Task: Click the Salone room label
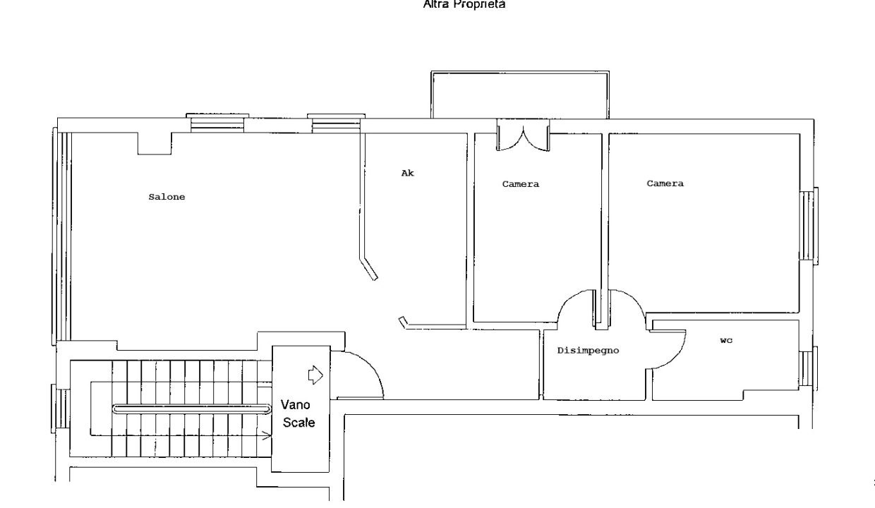tap(167, 197)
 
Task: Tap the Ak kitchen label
tap(407, 173)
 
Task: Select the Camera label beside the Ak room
tap(521, 184)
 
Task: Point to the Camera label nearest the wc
tap(665, 183)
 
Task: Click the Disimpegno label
tap(588, 351)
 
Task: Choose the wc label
tap(726, 341)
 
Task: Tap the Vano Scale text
tap(298, 413)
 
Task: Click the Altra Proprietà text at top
tap(464, 4)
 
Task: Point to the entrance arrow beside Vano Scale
tap(315, 375)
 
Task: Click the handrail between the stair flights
tap(191, 409)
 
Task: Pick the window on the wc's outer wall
tap(808, 368)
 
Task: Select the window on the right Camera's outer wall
tap(809, 226)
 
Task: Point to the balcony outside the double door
tap(520, 95)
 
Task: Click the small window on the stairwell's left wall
tap(60, 409)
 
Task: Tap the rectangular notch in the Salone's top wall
tap(155, 143)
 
